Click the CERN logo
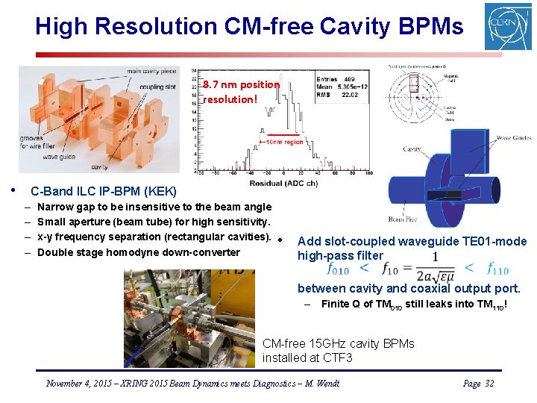click(x=508, y=26)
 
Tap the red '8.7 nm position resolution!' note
click(x=240, y=92)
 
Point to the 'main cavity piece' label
click(x=151, y=71)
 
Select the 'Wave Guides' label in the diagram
click(x=514, y=138)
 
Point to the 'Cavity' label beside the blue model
click(x=412, y=149)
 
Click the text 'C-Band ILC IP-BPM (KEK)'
click(x=104, y=192)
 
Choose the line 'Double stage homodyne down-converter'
click(x=138, y=252)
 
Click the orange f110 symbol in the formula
click(x=497, y=269)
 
